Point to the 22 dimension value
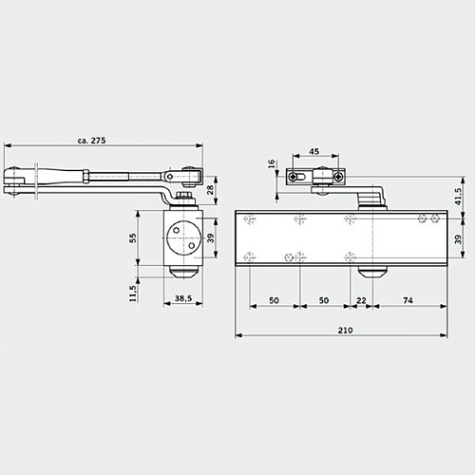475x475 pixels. pos(360,298)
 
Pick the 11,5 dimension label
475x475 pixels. pos(135,293)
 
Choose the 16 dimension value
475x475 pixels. pos(273,163)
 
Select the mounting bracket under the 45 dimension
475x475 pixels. pos(314,177)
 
